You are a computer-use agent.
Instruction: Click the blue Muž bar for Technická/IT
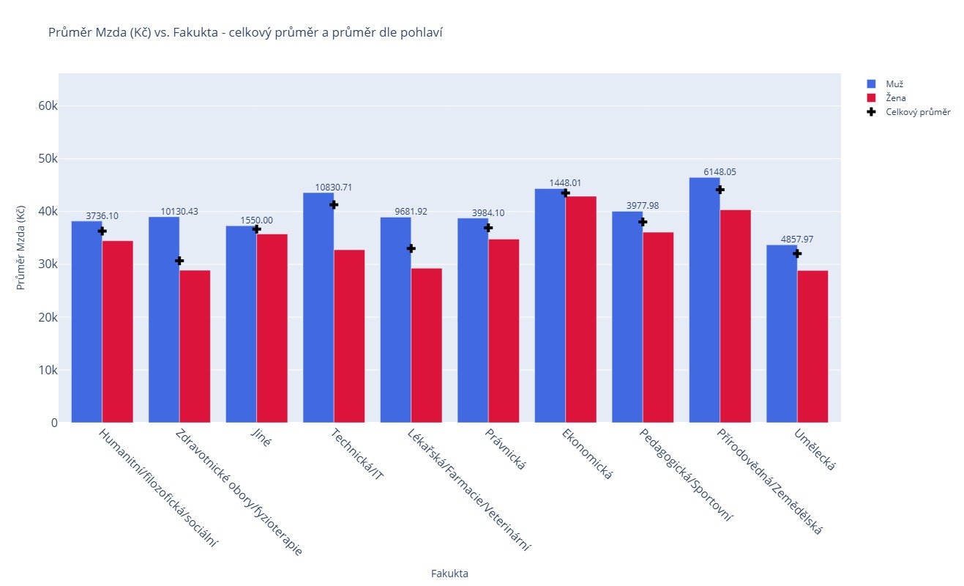tap(318, 308)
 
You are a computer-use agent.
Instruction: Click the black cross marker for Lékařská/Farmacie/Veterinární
tap(411, 248)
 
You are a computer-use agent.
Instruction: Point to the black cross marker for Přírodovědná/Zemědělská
tap(720, 190)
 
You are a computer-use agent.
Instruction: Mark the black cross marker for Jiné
tap(257, 229)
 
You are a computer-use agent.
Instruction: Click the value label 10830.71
tap(334, 188)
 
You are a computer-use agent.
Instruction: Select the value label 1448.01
tap(565, 183)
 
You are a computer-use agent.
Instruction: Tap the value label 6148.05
tap(720, 172)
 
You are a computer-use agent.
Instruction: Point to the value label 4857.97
tap(797, 240)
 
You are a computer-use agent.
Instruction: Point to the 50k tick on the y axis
tap(48, 159)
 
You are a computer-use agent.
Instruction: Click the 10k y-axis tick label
tap(48, 371)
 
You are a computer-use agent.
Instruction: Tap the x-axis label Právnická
tap(505, 448)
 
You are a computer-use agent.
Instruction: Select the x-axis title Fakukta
tap(449, 574)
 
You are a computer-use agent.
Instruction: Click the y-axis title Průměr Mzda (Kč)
tap(22, 248)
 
